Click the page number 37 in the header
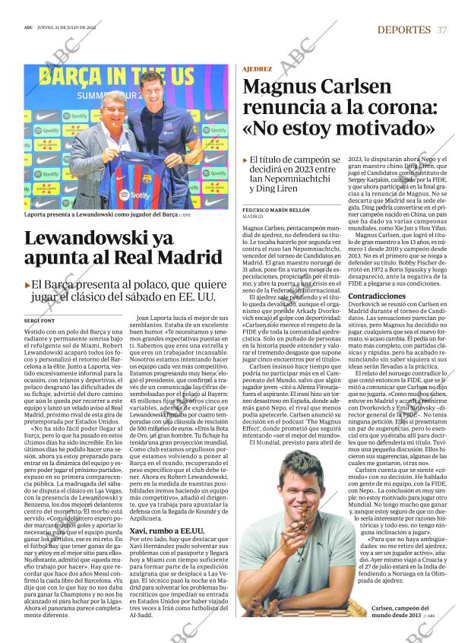coord(441,30)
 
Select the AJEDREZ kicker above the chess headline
coord(258,68)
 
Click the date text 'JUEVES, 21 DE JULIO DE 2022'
coord(79,29)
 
